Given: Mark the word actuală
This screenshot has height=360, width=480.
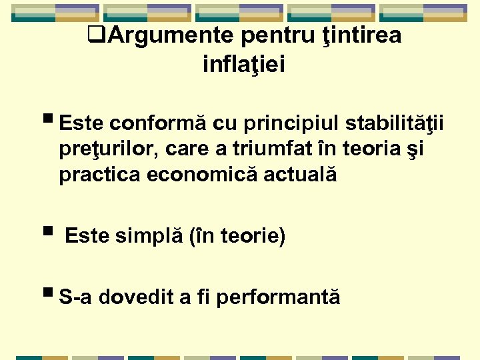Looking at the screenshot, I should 303,175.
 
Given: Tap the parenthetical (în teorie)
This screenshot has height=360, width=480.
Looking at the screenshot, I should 237,237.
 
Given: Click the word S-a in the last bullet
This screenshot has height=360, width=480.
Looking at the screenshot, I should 75,297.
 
